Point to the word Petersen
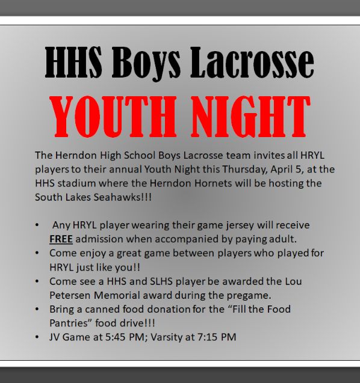(x=68, y=295)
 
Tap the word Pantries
(x=69, y=323)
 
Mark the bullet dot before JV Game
(x=37, y=337)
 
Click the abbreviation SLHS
(x=168, y=281)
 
